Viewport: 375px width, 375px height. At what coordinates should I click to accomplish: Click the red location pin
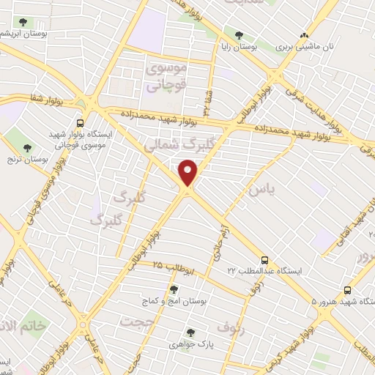click(188, 172)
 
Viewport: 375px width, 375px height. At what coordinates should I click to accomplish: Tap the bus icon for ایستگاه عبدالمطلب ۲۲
click(265, 260)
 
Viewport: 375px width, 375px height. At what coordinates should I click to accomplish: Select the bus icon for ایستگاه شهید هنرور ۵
click(347, 290)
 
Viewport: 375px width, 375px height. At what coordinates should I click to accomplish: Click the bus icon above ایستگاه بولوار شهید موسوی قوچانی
click(80, 123)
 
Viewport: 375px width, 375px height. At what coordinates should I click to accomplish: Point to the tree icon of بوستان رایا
click(240, 34)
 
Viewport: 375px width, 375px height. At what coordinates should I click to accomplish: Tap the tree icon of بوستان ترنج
click(27, 147)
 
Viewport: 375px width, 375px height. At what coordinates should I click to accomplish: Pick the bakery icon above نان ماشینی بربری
click(304, 34)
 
